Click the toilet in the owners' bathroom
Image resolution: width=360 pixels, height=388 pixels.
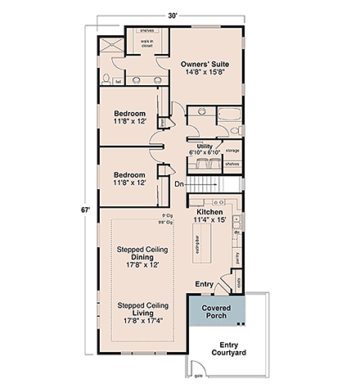(x=108, y=79)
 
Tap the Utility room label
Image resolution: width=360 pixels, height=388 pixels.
(x=205, y=146)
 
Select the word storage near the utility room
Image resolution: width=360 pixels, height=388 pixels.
(x=232, y=151)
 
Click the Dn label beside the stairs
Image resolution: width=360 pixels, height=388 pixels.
(x=179, y=184)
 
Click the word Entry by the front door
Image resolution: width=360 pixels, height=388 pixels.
(x=202, y=284)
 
